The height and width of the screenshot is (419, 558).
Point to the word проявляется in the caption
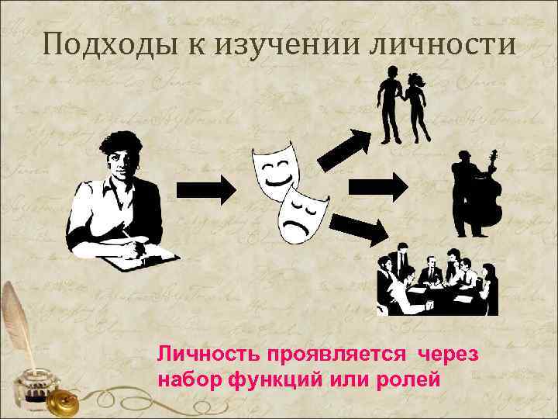tap(338, 355)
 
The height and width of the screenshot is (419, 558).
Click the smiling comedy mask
tap(274, 167)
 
